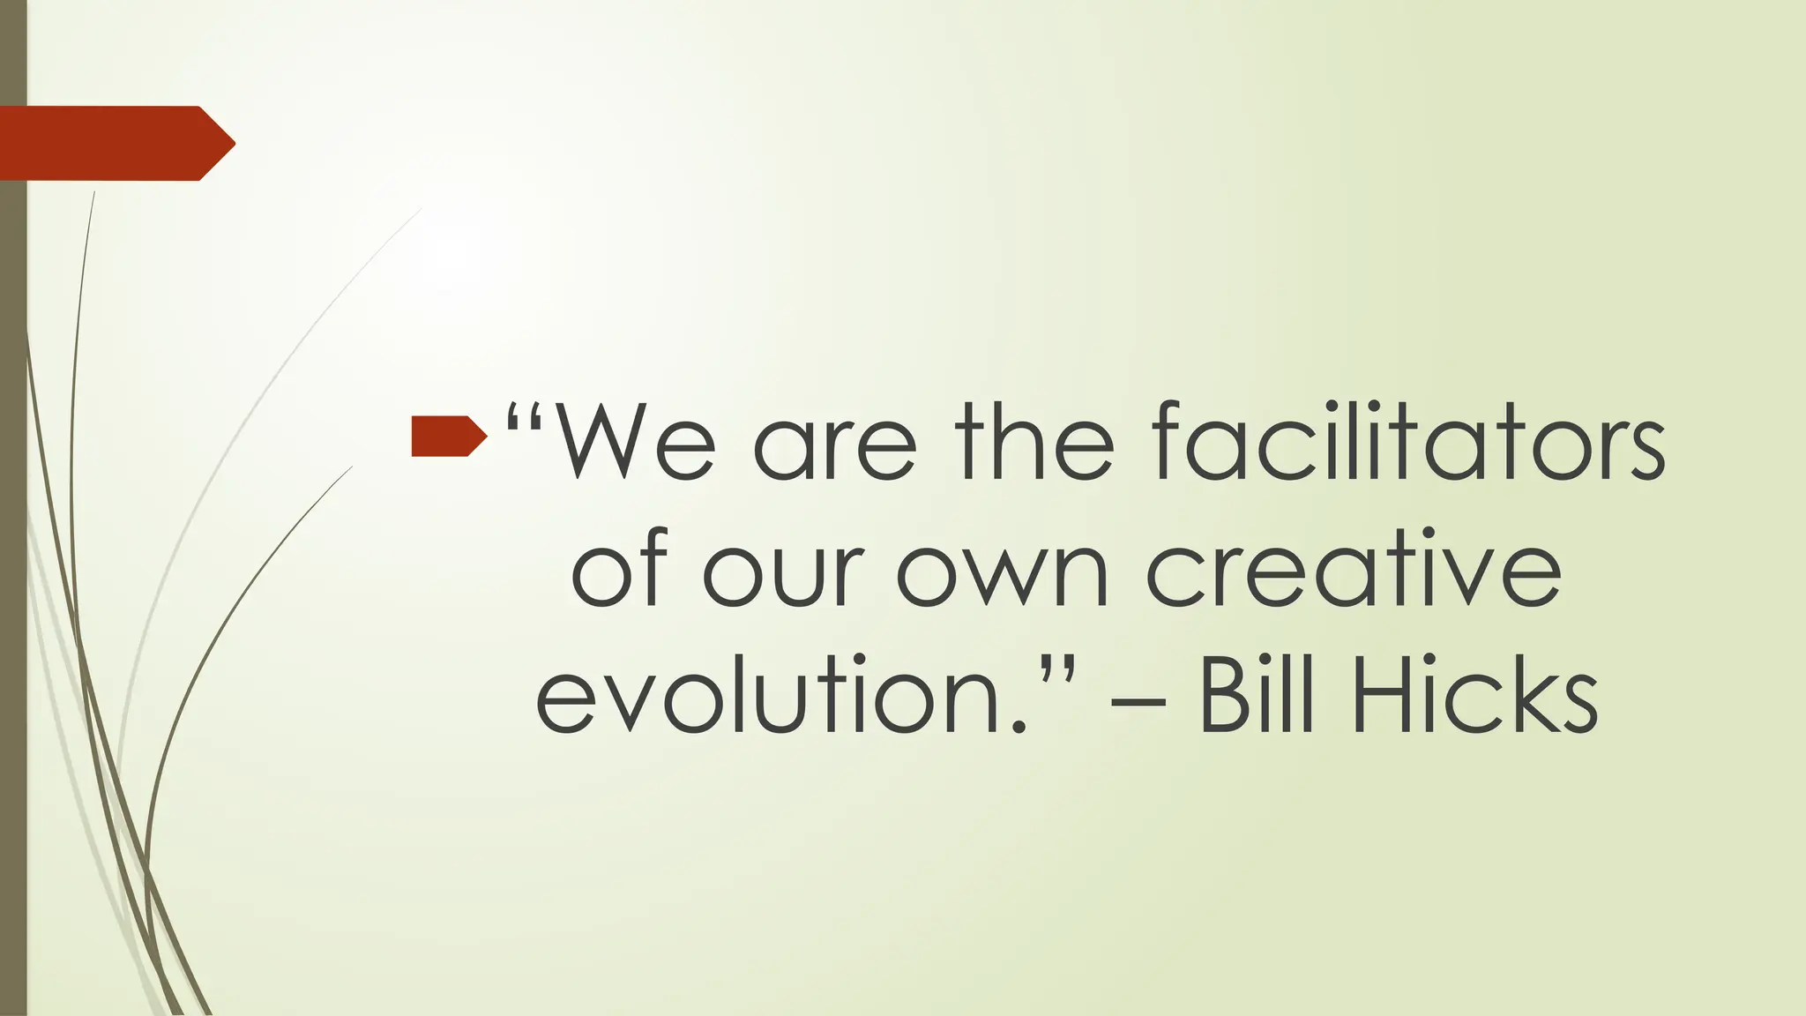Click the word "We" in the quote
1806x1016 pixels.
[636, 441]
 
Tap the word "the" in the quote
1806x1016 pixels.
[1035, 441]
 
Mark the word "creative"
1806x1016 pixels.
[1353, 569]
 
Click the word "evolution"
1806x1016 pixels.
[781, 697]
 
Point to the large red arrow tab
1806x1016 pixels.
[116, 143]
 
